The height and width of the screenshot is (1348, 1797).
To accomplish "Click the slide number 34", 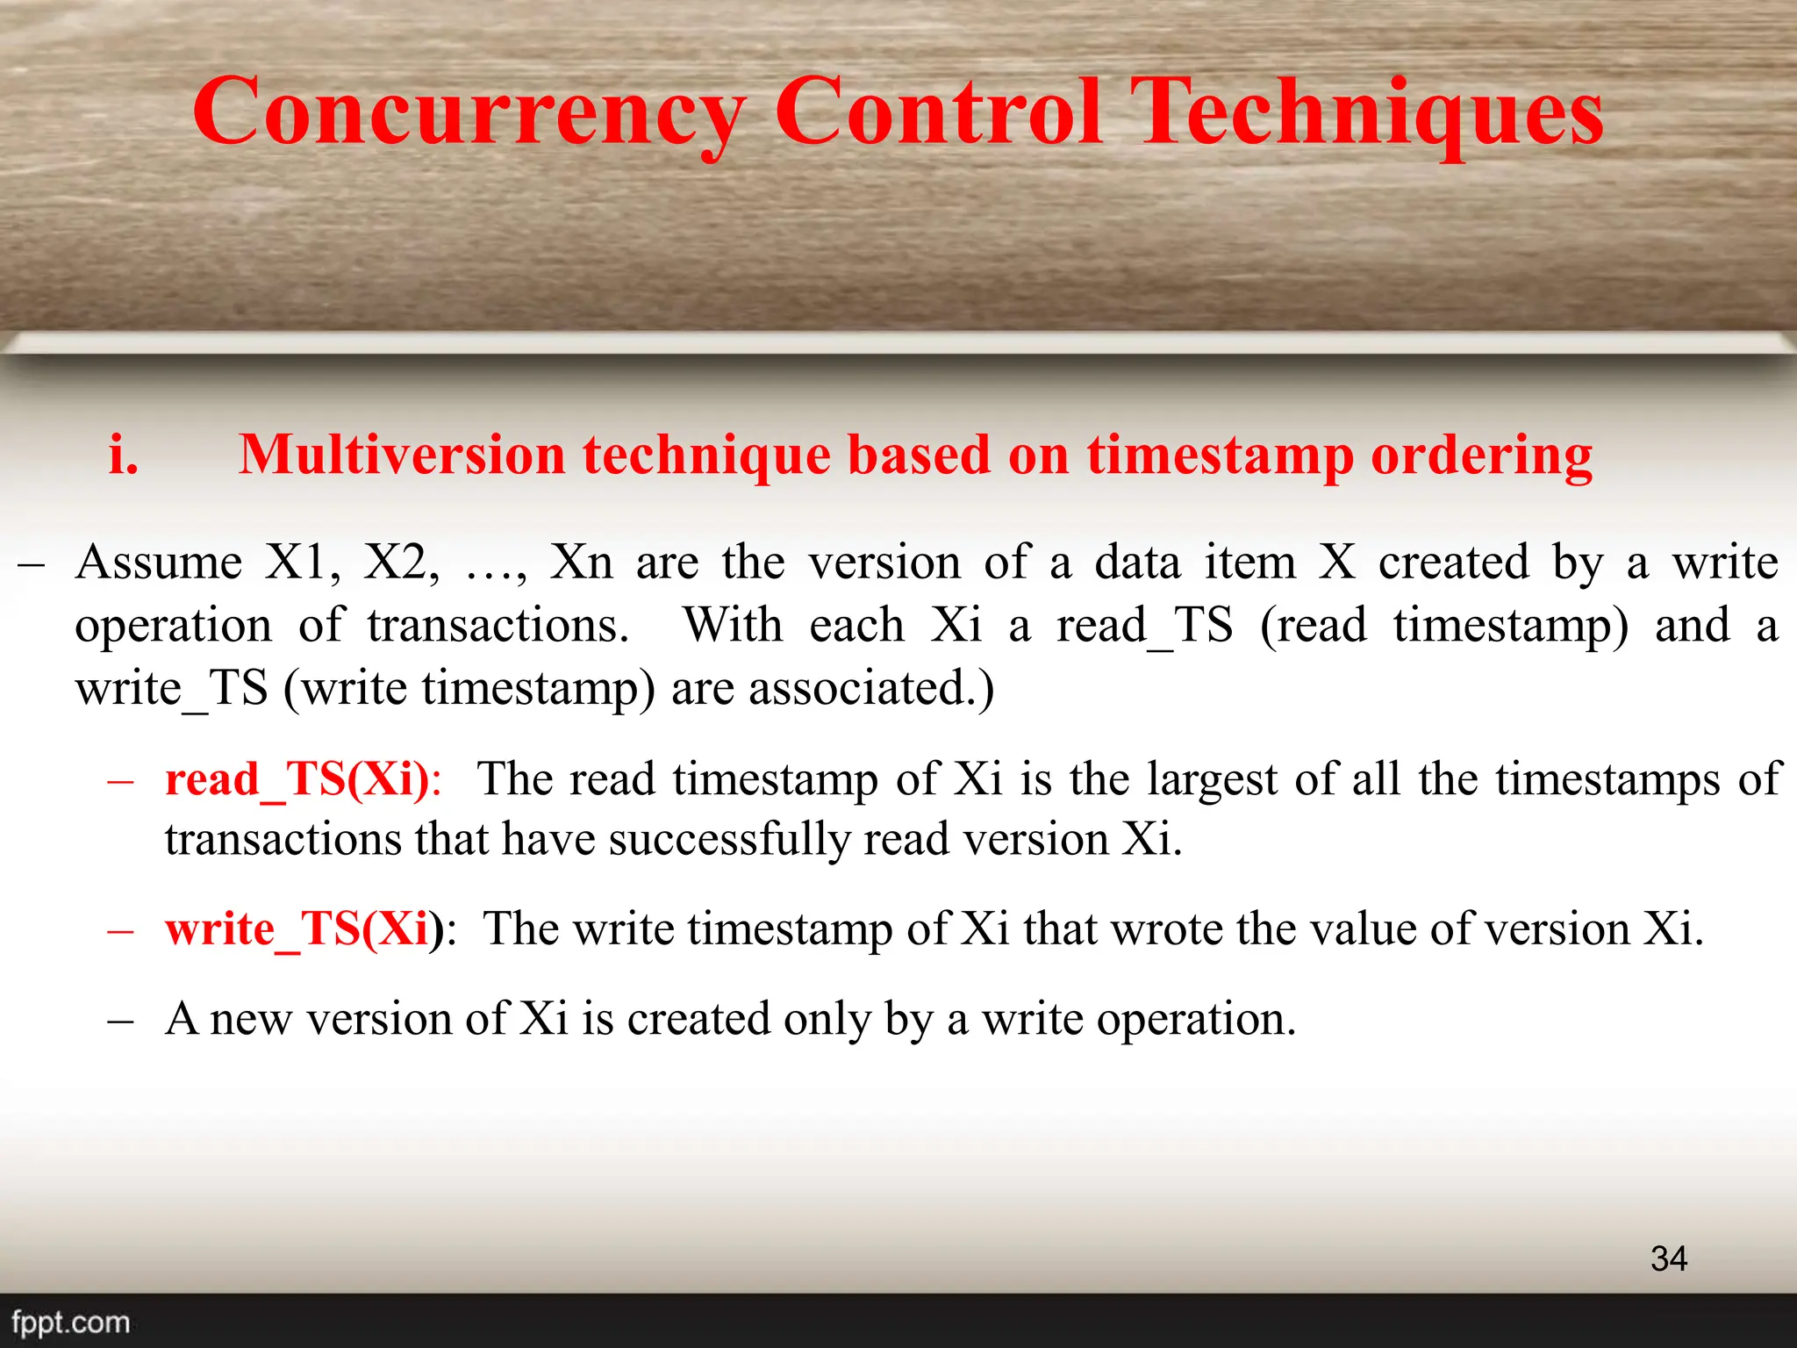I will [1668, 1258].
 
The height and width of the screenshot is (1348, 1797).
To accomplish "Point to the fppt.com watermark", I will [70, 1322].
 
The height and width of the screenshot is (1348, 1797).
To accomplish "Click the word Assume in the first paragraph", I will [158, 563].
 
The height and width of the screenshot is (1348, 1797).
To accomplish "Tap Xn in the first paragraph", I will [581, 563].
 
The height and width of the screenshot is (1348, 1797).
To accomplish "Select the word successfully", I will [729, 840].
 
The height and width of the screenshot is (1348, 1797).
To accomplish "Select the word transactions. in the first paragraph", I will [498, 626].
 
